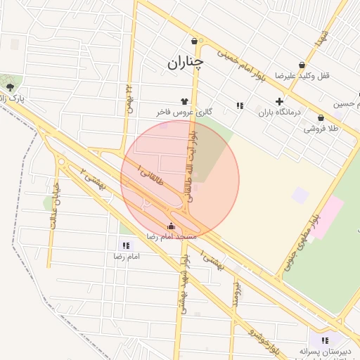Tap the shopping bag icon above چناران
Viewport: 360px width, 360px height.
point(194,41)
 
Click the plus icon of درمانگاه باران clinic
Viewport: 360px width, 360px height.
point(279,101)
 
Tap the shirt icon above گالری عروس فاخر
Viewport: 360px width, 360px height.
point(185,102)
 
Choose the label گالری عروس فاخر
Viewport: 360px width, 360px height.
point(184,112)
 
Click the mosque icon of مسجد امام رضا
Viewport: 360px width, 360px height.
point(172,226)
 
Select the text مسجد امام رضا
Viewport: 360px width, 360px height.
point(172,237)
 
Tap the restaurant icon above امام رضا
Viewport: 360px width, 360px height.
point(126,245)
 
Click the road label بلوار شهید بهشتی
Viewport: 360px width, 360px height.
point(184,285)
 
